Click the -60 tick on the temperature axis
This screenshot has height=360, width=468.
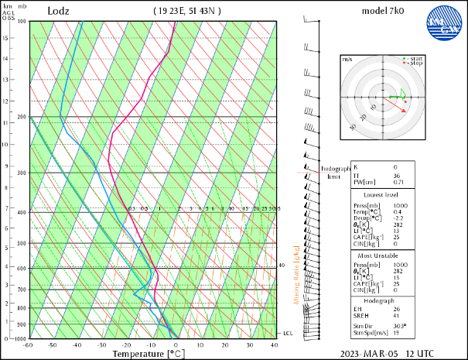pyautogui.click(x=29, y=345)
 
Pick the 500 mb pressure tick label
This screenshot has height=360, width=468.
pyautogui.click(x=22, y=243)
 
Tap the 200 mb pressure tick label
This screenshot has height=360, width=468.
pyautogui.click(x=22, y=117)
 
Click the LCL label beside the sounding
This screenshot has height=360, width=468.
pyautogui.click(x=288, y=333)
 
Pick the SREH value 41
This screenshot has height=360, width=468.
pyautogui.click(x=395, y=316)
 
